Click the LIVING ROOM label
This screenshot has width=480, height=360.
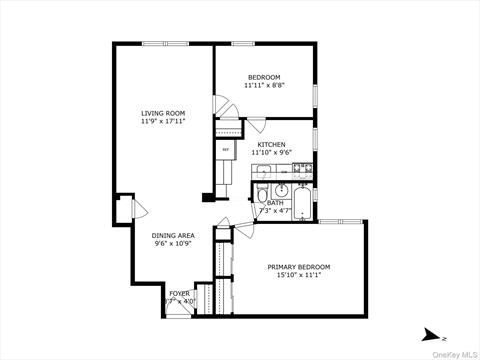pyautogui.click(x=159, y=114)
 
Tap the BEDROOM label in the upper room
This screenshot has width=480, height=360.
pyautogui.click(x=265, y=78)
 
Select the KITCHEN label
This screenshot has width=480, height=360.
pyautogui.click(x=272, y=145)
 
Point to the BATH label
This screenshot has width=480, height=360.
pyautogui.click(x=275, y=203)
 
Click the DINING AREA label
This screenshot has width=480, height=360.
pyautogui.click(x=173, y=236)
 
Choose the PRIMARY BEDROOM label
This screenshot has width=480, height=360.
pyautogui.click(x=298, y=267)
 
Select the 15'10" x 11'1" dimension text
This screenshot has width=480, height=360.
pyautogui.click(x=298, y=276)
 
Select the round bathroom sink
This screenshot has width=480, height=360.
pyautogui.click(x=282, y=190)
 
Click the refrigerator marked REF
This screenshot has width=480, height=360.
pyautogui.click(x=225, y=151)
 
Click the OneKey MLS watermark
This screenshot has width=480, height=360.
pyautogui.click(x=457, y=353)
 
